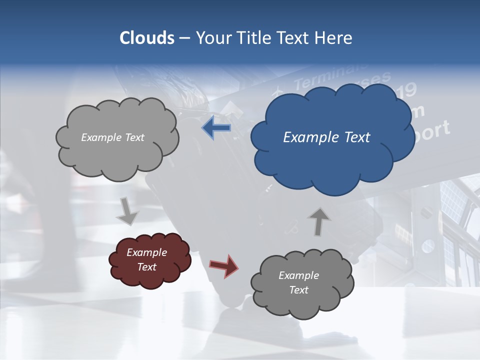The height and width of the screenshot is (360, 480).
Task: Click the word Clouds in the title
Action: (147, 38)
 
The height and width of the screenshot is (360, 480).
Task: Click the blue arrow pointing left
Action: (216, 128)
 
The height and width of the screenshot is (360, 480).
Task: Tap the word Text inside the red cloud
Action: (146, 267)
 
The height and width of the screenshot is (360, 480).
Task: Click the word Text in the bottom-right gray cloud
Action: (298, 290)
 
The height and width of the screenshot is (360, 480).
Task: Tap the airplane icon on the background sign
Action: (277, 92)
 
